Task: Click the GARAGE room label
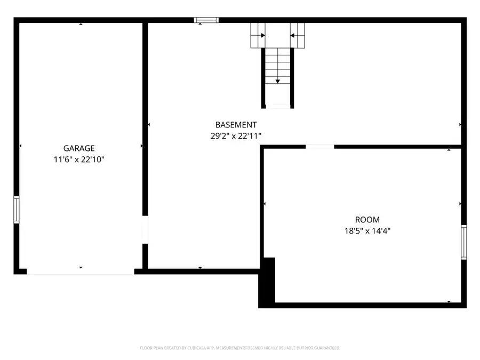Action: click(79, 148)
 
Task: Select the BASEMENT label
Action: click(236, 125)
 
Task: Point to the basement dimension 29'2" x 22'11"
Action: click(236, 136)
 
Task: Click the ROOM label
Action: click(367, 220)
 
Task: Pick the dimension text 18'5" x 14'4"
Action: click(367, 231)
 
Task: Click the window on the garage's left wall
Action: click(16, 209)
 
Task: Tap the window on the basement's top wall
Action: click(206, 20)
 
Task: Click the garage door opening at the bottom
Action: click(80, 272)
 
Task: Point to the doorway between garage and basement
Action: click(145, 229)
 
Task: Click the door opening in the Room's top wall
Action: click(320, 146)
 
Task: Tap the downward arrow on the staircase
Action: click(277, 81)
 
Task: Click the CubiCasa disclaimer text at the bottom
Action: click(240, 348)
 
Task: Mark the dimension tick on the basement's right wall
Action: click(460, 125)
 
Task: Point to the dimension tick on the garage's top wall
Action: click(81, 25)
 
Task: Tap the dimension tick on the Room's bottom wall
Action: click(449, 302)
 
